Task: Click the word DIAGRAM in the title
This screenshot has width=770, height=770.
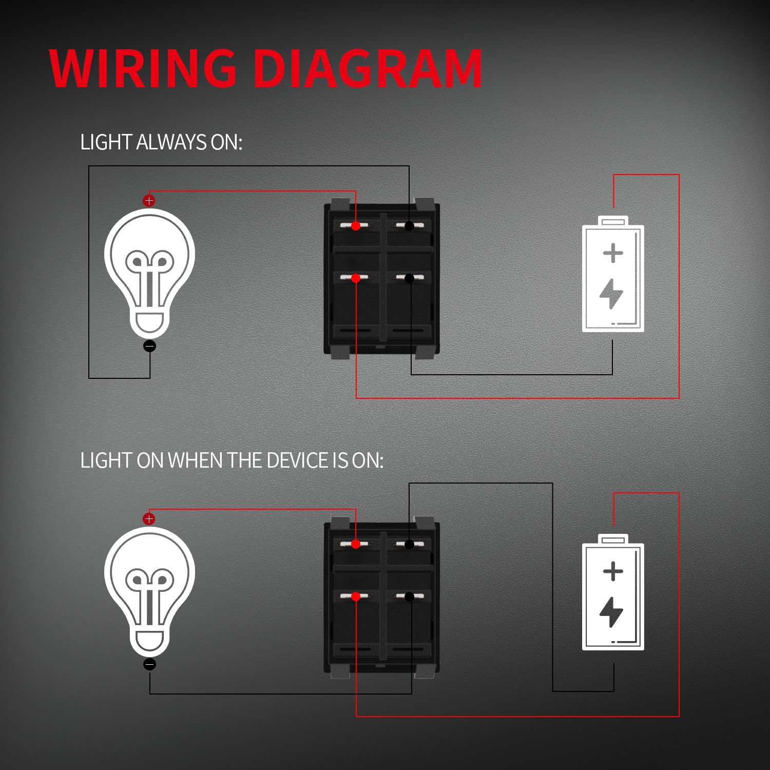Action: pyautogui.click(x=368, y=68)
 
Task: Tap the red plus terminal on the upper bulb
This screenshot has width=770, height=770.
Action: pyautogui.click(x=149, y=201)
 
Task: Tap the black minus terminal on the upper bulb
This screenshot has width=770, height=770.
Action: pyautogui.click(x=149, y=346)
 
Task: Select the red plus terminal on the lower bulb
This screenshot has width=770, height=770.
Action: pyautogui.click(x=149, y=519)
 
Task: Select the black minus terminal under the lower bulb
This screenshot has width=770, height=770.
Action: pyautogui.click(x=149, y=665)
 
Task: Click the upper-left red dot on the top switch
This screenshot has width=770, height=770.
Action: pyautogui.click(x=356, y=226)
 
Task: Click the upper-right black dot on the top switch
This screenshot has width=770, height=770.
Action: pyautogui.click(x=409, y=226)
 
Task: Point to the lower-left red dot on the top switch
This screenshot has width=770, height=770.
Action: pyautogui.click(x=356, y=278)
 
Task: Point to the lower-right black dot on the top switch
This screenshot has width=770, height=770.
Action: pyautogui.click(x=409, y=278)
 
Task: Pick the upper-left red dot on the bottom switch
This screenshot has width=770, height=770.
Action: pyautogui.click(x=356, y=544)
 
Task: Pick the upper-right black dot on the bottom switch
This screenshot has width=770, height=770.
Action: pyautogui.click(x=409, y=544)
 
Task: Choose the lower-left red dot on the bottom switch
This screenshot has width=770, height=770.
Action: pyautogui.click(x=356, y=596)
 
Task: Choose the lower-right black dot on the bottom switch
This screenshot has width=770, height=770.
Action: pyautogui.click(x=409, y=596)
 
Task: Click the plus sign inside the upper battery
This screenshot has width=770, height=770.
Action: pyautogui.click(x=613, y=254)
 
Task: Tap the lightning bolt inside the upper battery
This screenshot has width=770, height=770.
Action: pyautogui.click(x=611, y=294)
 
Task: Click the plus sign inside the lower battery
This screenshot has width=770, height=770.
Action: pyautogui.click(x=613, y=571)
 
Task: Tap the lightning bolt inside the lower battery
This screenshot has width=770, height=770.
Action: pyautogui.click(x=611, y=612)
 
